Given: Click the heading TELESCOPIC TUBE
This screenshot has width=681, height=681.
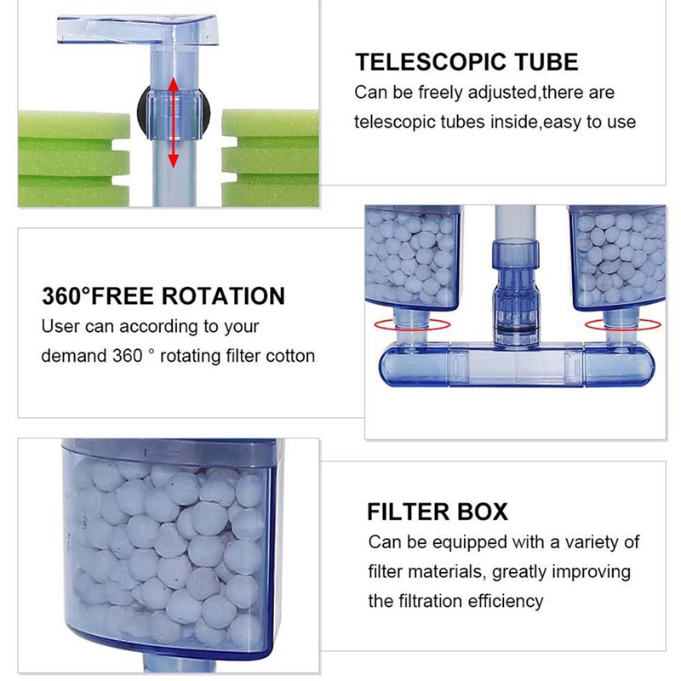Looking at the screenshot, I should [466, 62].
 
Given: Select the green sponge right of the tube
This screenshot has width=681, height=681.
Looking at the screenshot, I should [271, 146].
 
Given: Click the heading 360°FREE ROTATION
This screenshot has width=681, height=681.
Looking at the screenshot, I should [163, 297].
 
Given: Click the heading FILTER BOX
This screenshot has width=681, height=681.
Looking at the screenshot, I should [438, 512].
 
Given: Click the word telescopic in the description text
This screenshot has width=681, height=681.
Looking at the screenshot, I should [393, 122].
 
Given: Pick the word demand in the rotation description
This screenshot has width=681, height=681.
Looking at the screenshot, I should [73, 355].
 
